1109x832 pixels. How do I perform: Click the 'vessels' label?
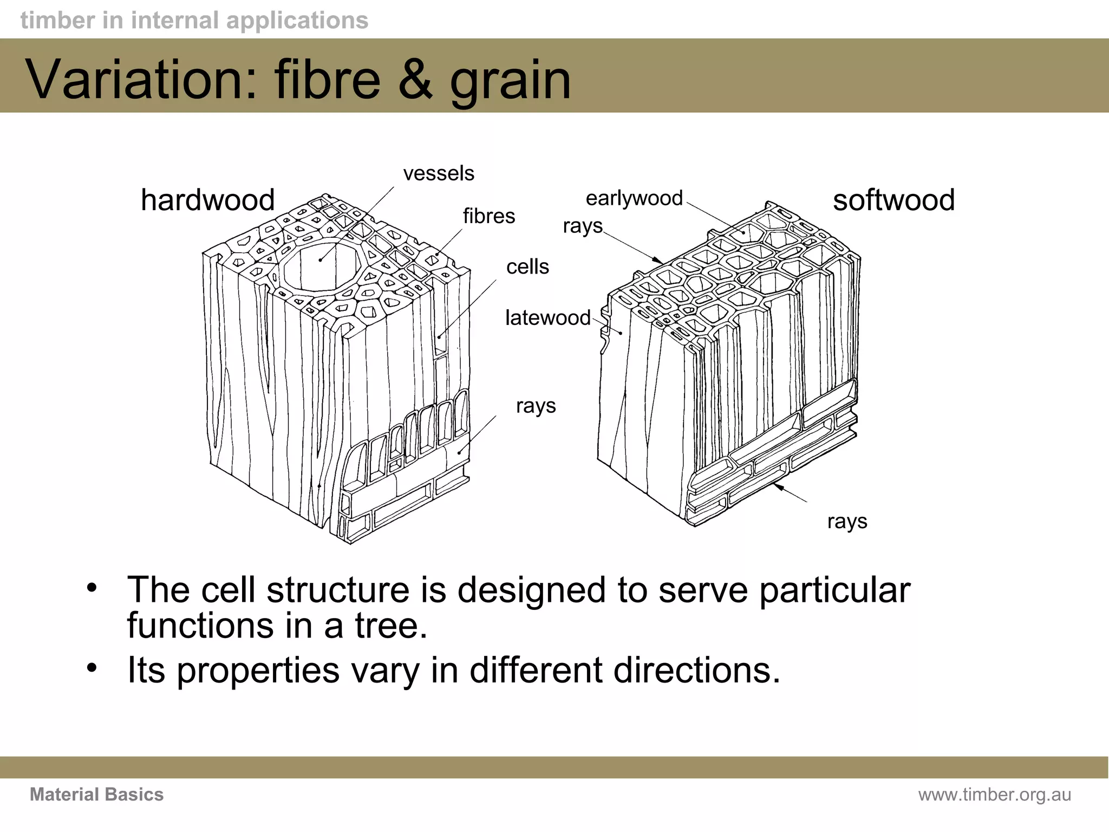[439, 173]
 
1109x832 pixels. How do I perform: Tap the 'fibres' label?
[488, 216]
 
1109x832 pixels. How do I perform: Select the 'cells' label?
[527, 266]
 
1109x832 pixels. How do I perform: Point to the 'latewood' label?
[547, 317]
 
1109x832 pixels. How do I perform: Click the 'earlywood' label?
[634, 198]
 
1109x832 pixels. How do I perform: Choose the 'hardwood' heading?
[208, 200]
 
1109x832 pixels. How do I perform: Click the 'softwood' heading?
[893, 200]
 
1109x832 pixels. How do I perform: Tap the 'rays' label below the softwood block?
[847, 522]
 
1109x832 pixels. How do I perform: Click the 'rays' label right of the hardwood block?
[536, 406]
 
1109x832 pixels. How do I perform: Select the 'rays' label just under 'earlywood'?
[582, 226]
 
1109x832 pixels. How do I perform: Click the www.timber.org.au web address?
[994, 795]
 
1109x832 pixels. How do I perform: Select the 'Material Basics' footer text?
[96, 795]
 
